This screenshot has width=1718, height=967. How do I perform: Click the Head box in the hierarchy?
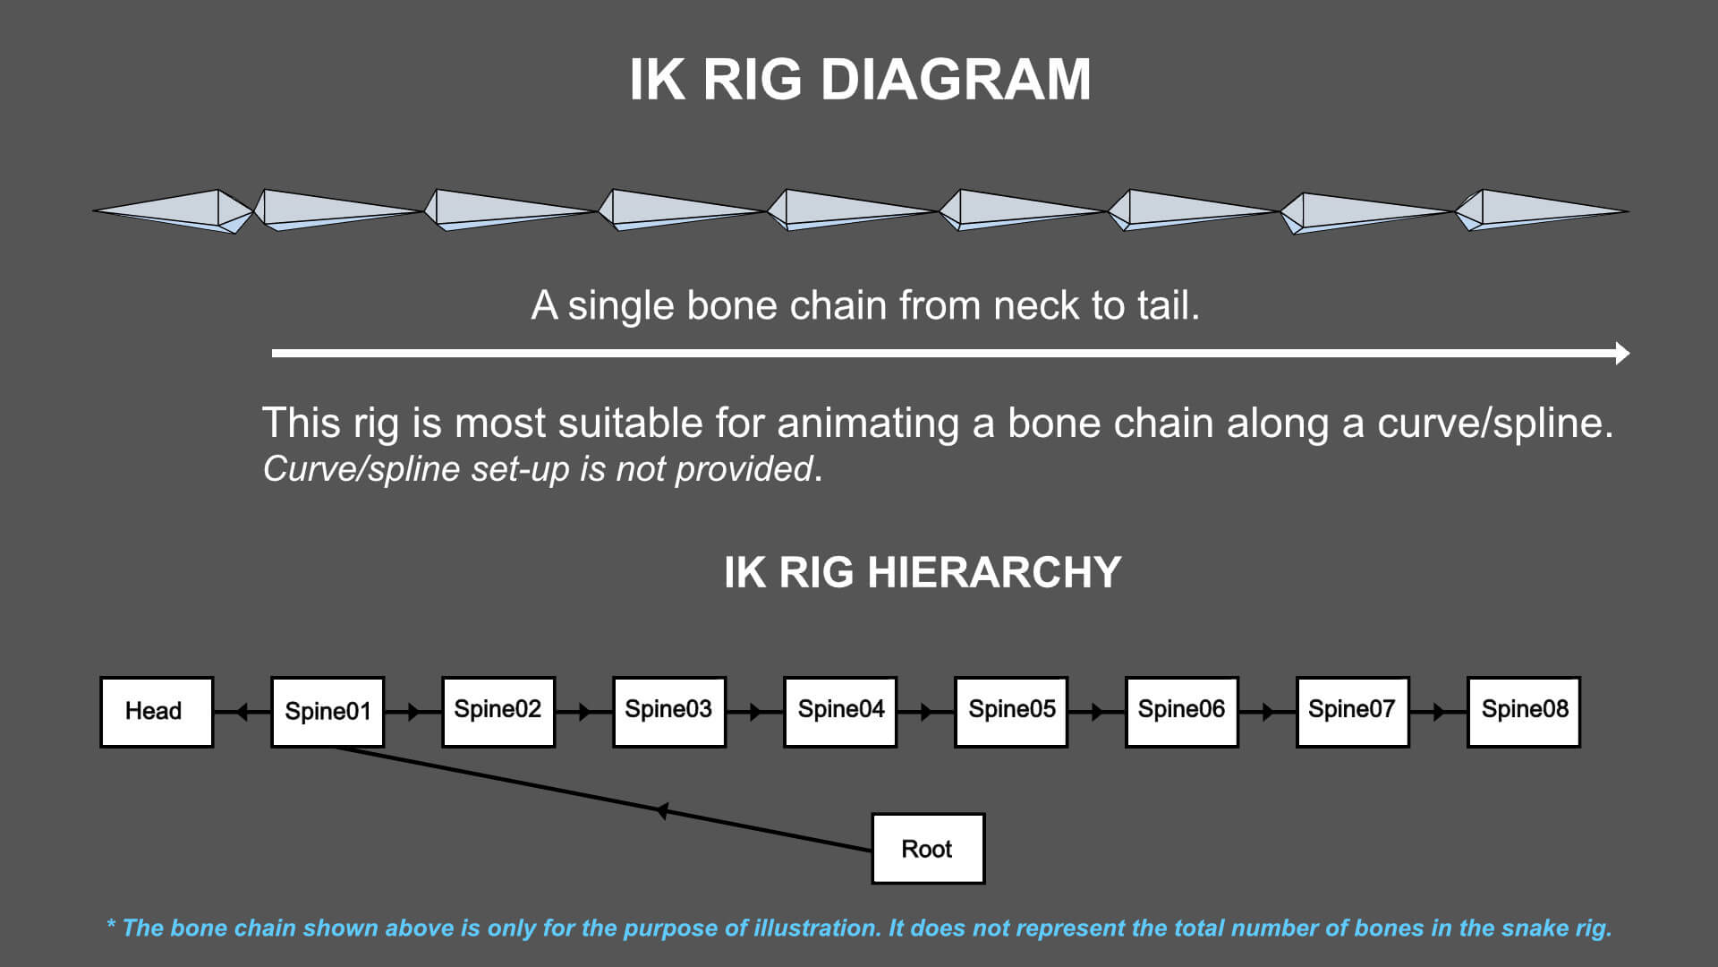click(157, 712)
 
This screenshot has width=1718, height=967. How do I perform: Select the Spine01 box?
click(327, 712)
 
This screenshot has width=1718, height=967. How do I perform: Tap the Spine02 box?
click(498, 712)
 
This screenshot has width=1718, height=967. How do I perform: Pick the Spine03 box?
click(669, 712)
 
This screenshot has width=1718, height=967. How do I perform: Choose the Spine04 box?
click(840, 712)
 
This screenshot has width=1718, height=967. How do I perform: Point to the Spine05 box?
click(1011, 712)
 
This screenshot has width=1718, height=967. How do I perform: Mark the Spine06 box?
click(1182, 712)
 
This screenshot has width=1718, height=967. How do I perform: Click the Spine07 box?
click(1353, 712)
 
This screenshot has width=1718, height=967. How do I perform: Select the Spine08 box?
click(1524, 712)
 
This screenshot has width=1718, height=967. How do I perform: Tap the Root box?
click(928, 849)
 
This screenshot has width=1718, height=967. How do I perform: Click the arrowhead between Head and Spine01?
click(242, 713)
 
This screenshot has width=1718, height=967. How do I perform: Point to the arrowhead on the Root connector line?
click(663, 811)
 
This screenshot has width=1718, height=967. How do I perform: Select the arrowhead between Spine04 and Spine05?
click(926, 713)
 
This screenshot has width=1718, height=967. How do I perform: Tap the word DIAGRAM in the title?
click(955, 80)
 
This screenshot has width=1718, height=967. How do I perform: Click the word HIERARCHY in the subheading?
click(994, 572)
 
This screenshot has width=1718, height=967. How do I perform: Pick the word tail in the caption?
click(1166, 306)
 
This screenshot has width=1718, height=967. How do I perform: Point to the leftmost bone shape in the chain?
click(174, 211)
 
